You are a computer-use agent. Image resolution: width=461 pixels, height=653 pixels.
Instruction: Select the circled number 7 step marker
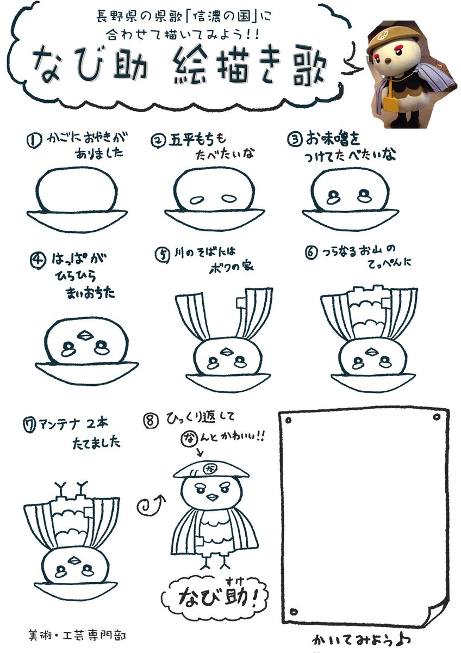click(x=31, y=425)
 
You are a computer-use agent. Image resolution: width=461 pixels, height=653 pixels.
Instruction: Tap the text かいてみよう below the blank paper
click(x=359, y=638)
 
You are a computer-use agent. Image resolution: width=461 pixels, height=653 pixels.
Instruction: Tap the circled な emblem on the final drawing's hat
click(x=209, y=467)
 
